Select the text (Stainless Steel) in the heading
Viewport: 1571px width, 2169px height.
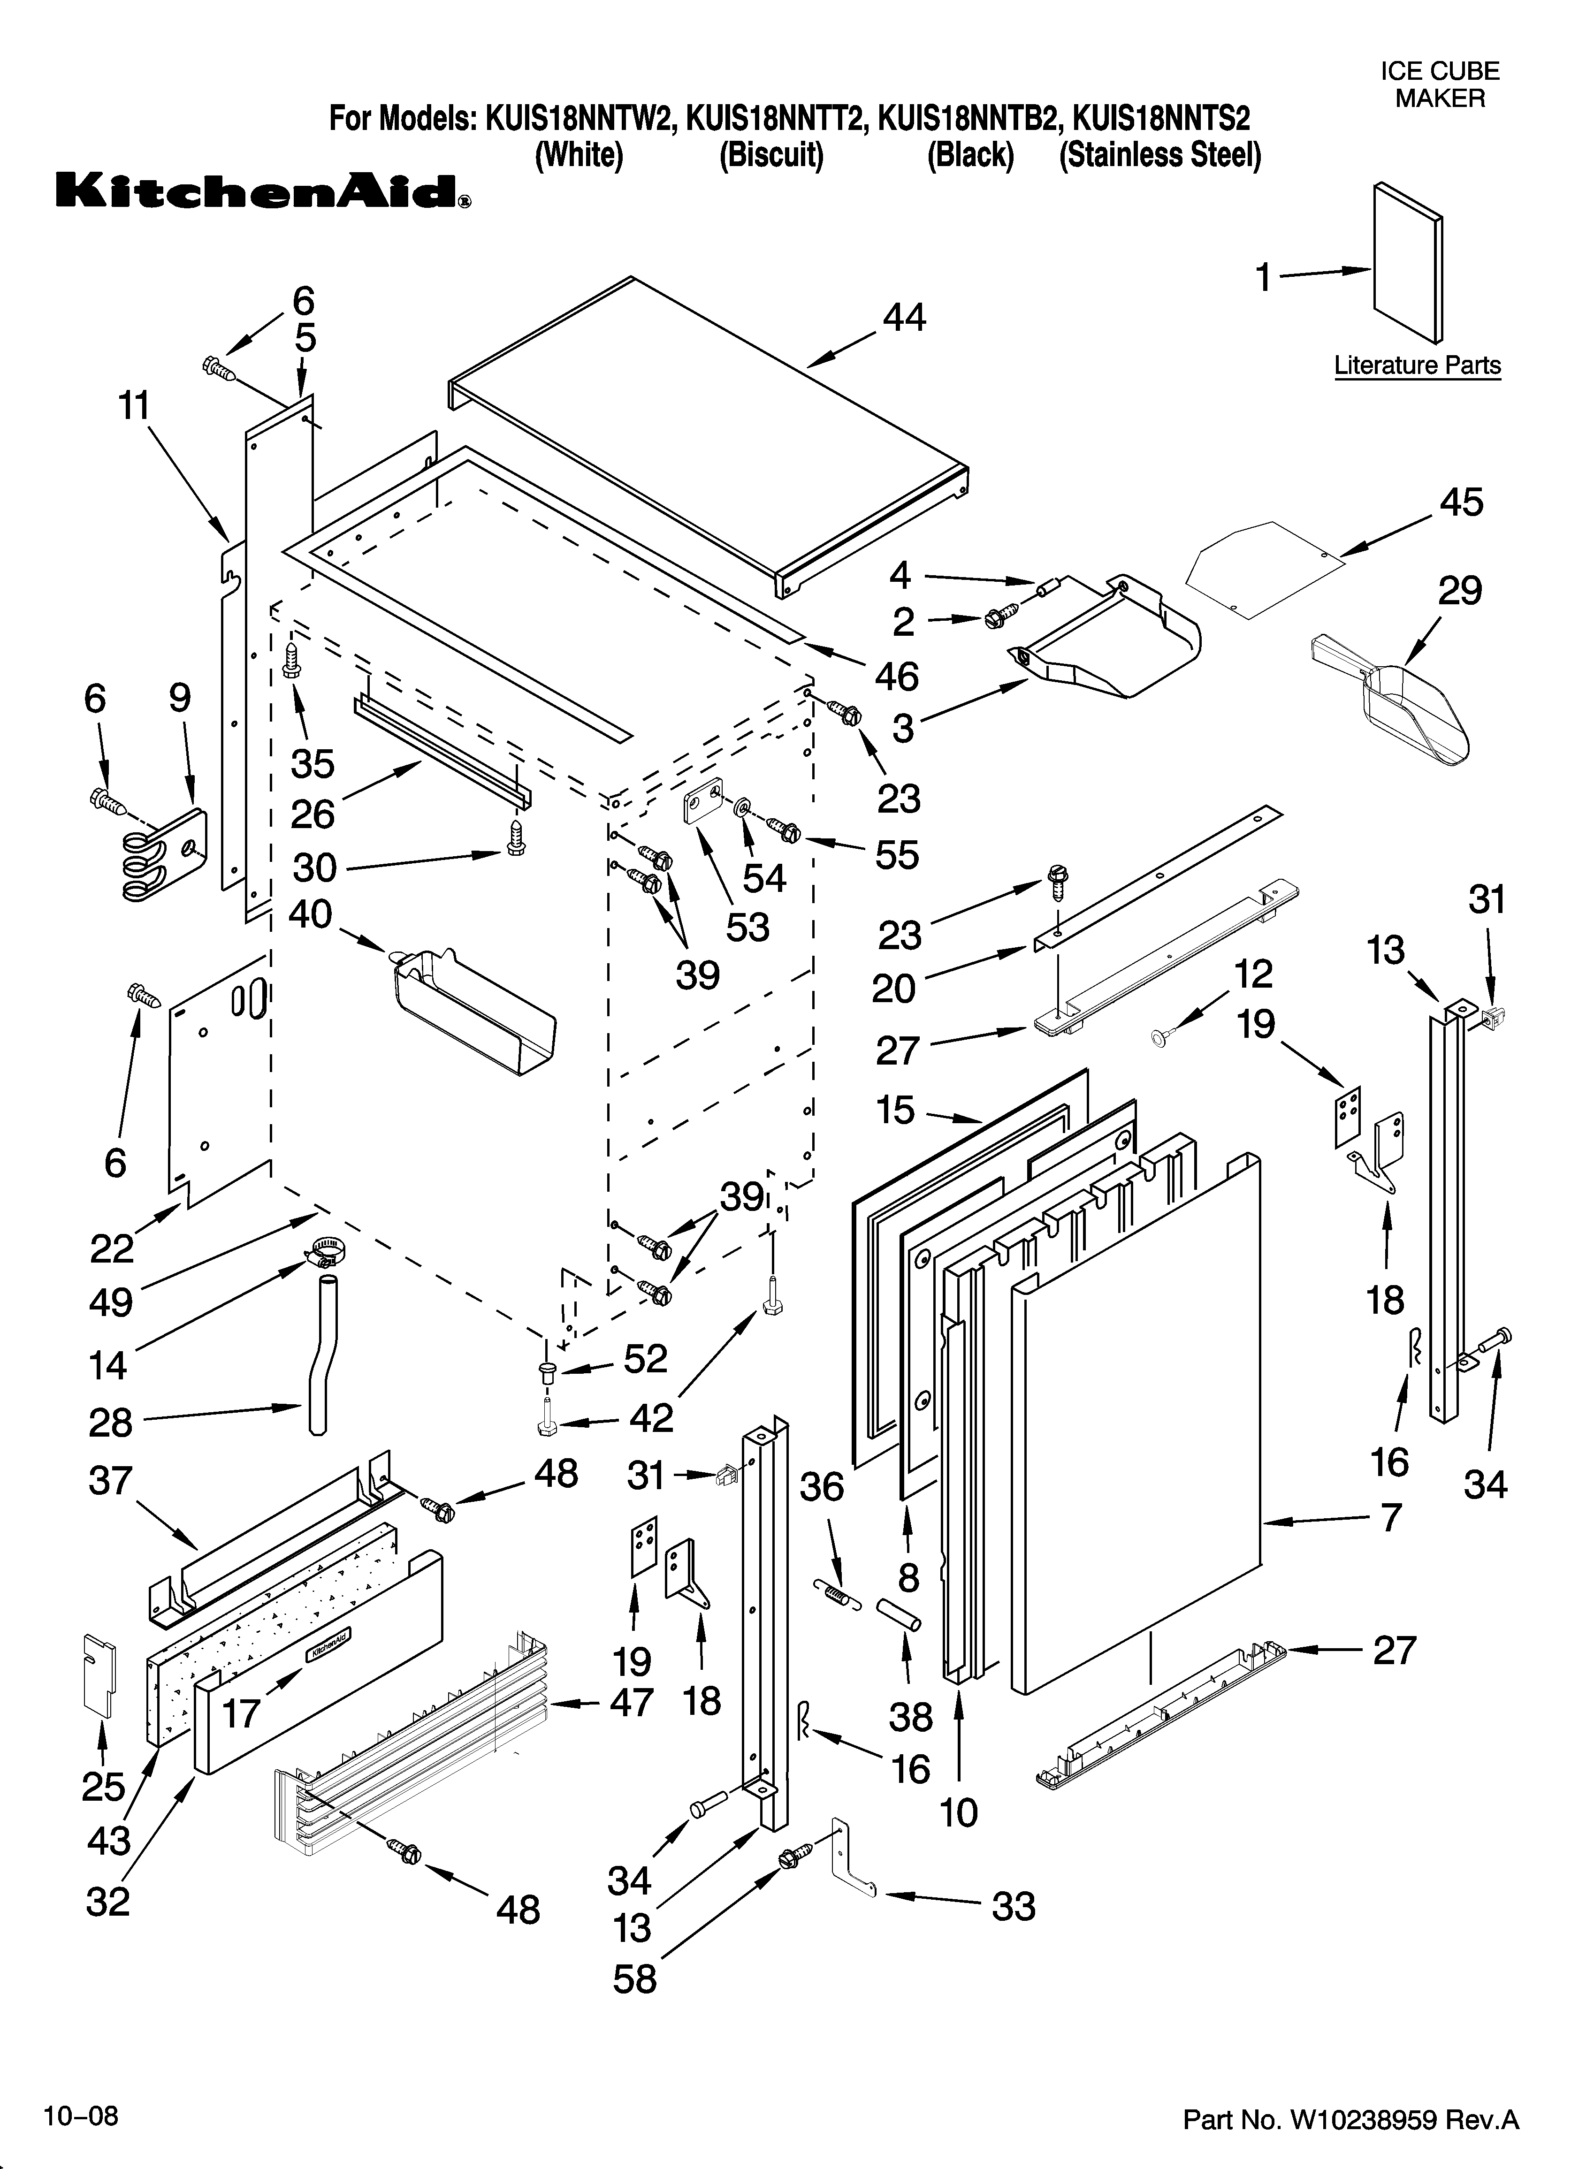(1159, 155)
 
